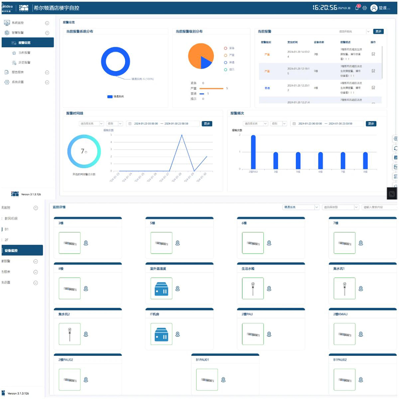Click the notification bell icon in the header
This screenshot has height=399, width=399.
(x=357, y=8)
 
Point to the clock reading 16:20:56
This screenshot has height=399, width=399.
(x=324, y=8)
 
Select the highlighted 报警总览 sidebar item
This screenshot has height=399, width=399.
(x=27, y=43)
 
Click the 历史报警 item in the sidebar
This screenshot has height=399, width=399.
(x=24, y=62)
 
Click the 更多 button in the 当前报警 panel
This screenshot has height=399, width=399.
(x=378, y=32)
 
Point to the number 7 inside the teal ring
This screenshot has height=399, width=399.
(x=83, y=151)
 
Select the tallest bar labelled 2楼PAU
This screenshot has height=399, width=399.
(x=253, y=152)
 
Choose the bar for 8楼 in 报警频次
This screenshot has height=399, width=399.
(x=365, y=160)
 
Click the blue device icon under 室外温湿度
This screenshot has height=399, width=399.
(x=161, y=288)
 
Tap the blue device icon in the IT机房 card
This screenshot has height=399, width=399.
(x=161, y=334)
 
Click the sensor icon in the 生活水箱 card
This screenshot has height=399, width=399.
(x=253, y=288)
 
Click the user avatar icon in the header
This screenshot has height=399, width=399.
(x=373, y=8)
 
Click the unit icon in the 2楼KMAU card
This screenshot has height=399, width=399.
(x=344, y=334)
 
